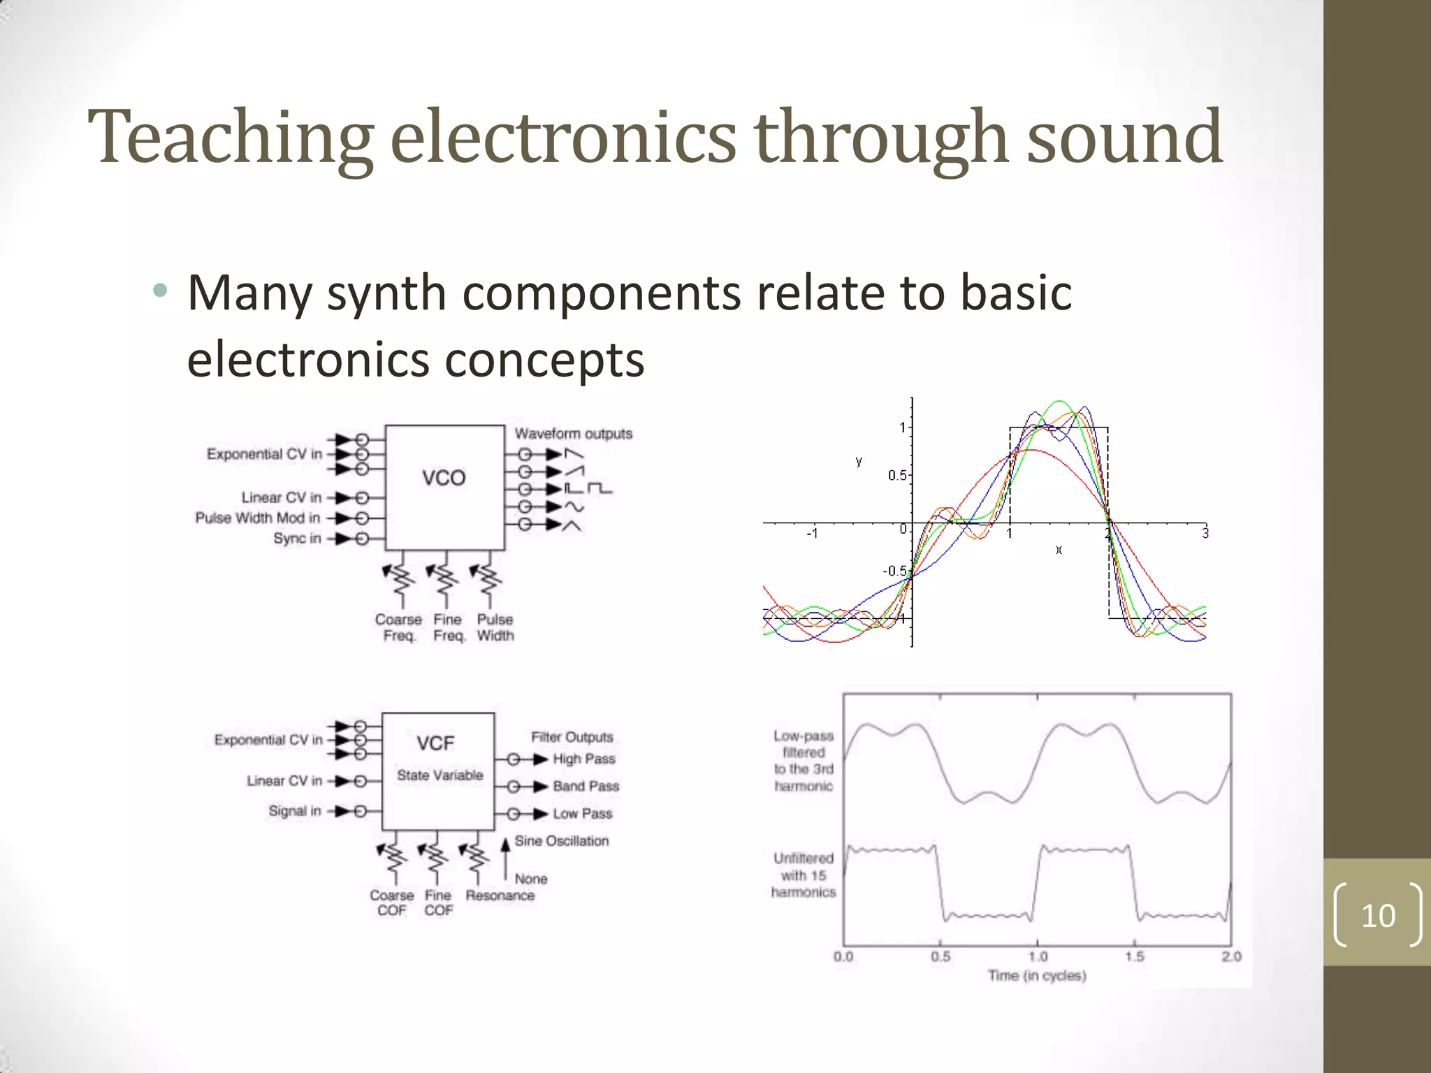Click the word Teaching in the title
(231, 138)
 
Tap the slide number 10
(1378, 915)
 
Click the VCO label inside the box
(444, 479)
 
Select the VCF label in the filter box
(436, 743)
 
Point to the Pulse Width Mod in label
(257, 518)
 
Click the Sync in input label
(297, 539)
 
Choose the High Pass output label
(584, 759)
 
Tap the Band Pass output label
(586, 787)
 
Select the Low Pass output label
(582, 814)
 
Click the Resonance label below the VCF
(500, 896)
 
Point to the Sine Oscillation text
(562, 841)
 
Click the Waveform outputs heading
(574, 434)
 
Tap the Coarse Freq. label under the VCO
(398, 627)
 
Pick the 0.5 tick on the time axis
(940, 956)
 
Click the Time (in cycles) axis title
(1037, 976)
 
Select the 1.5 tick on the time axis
(1135, 956)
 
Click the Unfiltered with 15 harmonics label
(804, 875)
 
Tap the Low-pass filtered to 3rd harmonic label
(804, 761)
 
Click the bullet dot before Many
(161, 291)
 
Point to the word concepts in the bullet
(544, 360)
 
